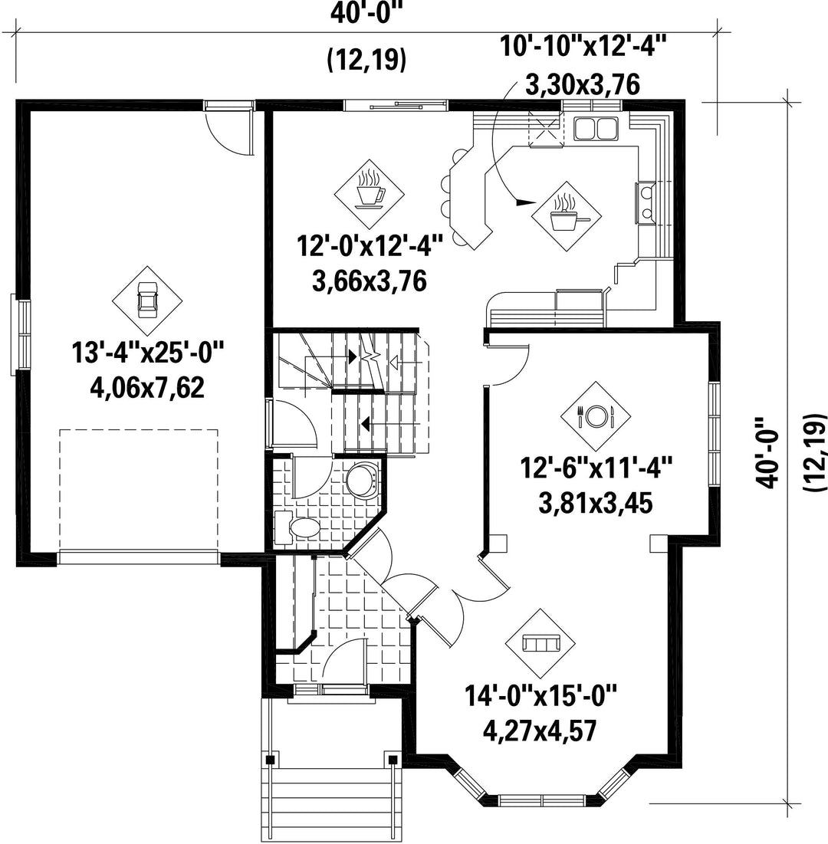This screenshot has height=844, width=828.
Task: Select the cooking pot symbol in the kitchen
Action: [567, 216]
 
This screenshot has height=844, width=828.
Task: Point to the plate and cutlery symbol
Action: [596, 416]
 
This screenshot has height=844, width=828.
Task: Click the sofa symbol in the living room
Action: [540, 643]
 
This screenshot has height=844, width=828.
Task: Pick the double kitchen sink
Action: [596, 128]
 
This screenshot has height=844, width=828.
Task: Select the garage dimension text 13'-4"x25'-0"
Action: [147, 353]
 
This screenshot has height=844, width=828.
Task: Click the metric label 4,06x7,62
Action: [147, 388]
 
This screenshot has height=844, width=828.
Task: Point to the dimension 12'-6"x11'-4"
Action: [596, 468]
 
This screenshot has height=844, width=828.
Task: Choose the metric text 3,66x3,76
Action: [370, 281]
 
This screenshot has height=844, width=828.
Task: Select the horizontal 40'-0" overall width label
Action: [366, 15]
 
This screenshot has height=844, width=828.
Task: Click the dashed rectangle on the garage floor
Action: [138, 489]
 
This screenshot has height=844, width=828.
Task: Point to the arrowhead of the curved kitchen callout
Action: [526, 202]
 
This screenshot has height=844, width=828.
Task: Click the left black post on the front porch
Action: [271, 760]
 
